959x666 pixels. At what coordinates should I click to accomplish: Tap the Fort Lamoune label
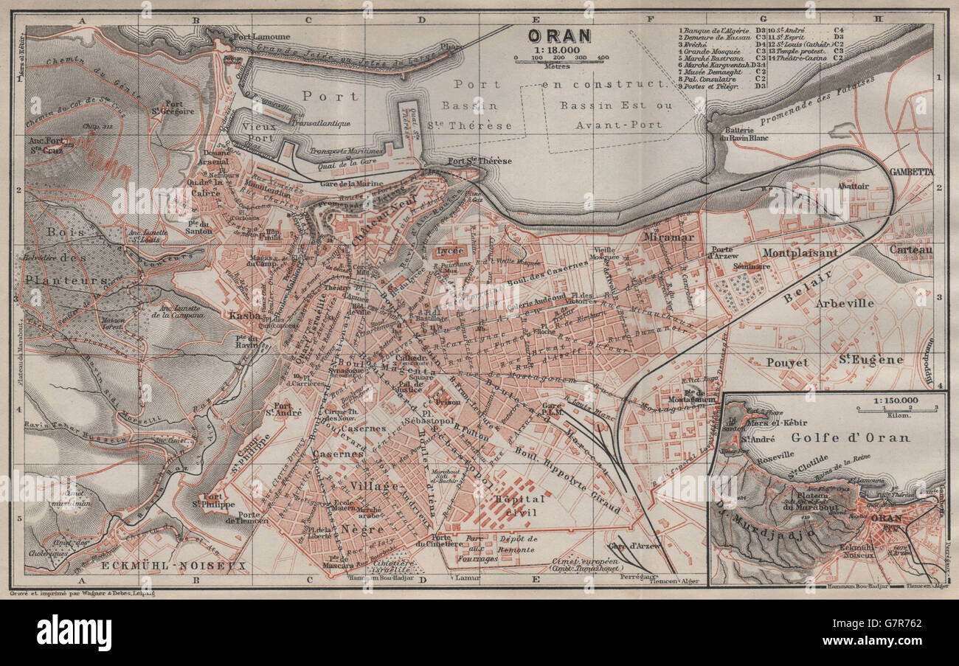(x=261, y=36)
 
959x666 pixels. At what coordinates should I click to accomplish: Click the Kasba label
(x=246, y=315)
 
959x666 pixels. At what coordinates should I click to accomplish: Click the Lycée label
(x=450, y=250)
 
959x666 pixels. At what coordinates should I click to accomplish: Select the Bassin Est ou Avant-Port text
(x=616, y=115)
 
